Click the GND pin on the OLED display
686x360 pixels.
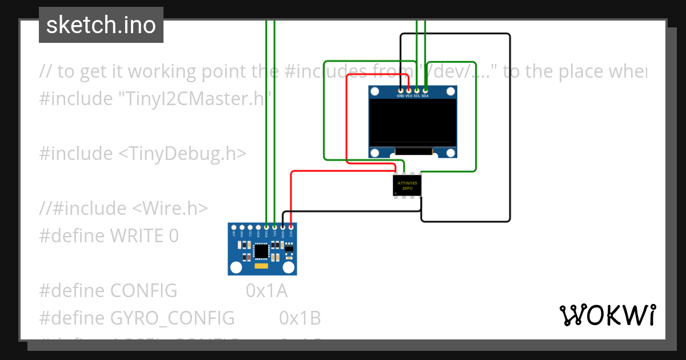point(401,91)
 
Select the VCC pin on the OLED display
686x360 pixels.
point(409,91)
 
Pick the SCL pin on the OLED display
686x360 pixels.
point(417,91)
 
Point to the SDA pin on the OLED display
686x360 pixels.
point(425,91)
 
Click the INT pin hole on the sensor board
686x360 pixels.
point(234,227)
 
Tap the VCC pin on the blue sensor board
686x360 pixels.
point(291,227)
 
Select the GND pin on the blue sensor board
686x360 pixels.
point(283,227)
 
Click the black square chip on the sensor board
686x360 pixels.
point(261,251)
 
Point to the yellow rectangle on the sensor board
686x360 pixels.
point(261,266)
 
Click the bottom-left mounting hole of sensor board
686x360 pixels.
point(235,267)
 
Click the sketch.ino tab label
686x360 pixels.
point(101,25)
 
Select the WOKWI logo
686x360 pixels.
point(607,315)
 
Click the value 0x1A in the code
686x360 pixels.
point(266,291)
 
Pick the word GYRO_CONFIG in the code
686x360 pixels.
point(172,318)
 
